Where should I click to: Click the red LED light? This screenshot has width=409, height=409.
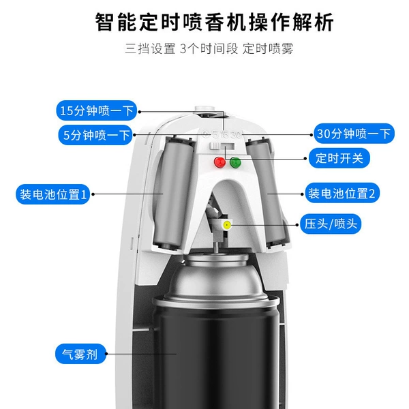(x=220, y=162)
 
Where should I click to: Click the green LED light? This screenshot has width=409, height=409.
(x=235, y=163)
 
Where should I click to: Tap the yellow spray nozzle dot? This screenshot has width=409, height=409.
(x=227, y=224)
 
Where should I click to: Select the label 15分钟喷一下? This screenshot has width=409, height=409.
(x=97, y=110)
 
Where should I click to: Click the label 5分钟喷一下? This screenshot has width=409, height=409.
(x=95, y=135)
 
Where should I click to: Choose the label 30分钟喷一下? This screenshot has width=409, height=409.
(x=354, y=134)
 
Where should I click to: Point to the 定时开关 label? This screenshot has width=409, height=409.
(x=339, y=158)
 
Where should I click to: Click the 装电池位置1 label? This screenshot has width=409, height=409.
(x=53, y=194)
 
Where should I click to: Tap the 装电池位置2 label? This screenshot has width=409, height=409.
(x=342, y=194)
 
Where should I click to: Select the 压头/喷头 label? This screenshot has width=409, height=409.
(x=331, y=224)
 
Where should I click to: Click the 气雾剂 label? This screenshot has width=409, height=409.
(x=80, y=354)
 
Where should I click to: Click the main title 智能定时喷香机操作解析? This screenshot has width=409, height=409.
(x=215, y=22)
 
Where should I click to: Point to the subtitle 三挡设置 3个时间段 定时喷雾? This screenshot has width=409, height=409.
(x=209, y=48)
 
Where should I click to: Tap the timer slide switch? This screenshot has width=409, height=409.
(x=222, y=147)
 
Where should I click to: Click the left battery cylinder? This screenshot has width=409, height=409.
(x=173, y=193)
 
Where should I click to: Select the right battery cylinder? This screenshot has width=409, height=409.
(x=266, y=193)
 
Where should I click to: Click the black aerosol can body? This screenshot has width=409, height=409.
(x=218, y=357)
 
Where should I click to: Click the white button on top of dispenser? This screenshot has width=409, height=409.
(x=204, y=109)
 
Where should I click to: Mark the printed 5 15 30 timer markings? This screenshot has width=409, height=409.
(x=223, y=134)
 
